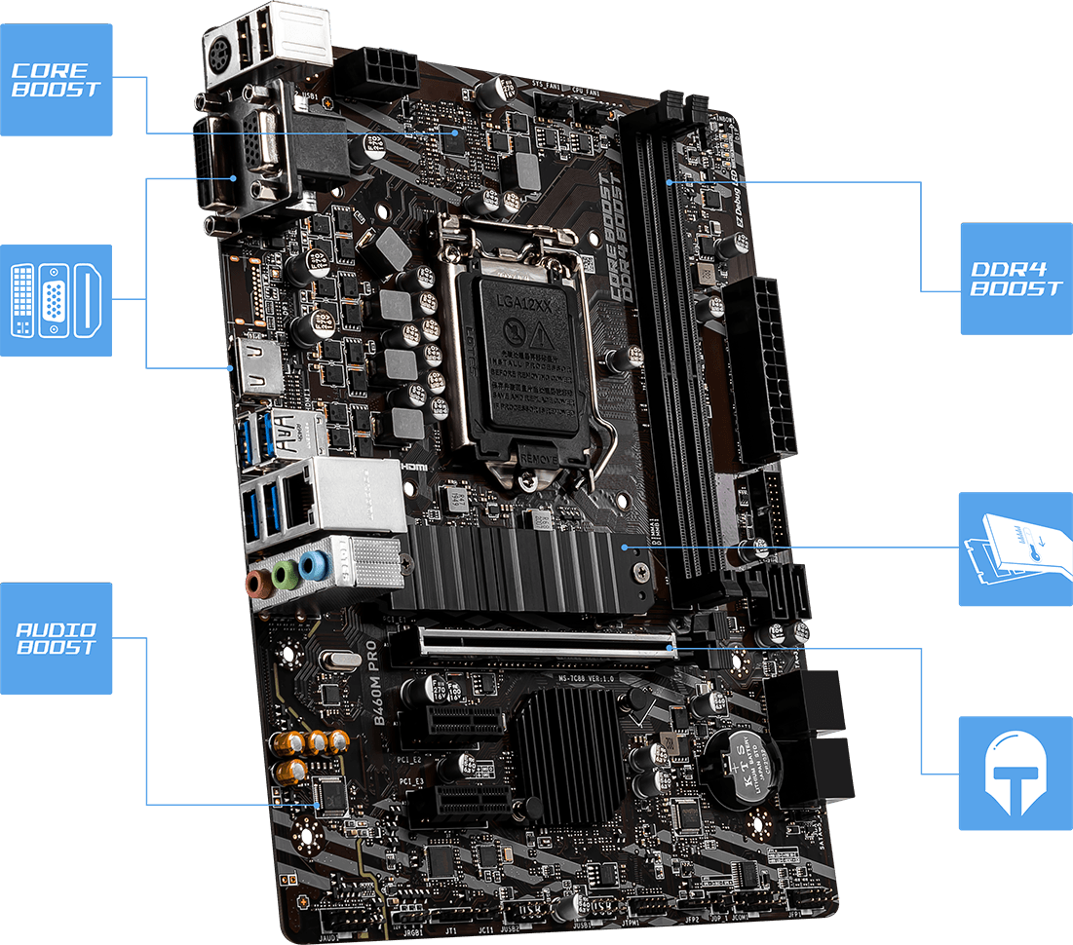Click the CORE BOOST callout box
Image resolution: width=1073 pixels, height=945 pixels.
click(x=56, y=80)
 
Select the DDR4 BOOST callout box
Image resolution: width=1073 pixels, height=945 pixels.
click(x=1016, y=279)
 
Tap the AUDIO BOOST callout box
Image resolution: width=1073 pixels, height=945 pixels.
click(x=56, y=638)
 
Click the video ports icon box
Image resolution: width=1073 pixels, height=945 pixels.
click(x=56, y=299)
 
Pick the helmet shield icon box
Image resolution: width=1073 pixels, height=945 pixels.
click(x=1015, y=774)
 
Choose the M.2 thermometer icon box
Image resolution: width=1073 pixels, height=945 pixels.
click(x=1015, y=548)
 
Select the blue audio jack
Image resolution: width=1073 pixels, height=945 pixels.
click(x=313, y=566)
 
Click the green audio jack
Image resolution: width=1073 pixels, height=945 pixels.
click(x=285, y=575)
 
